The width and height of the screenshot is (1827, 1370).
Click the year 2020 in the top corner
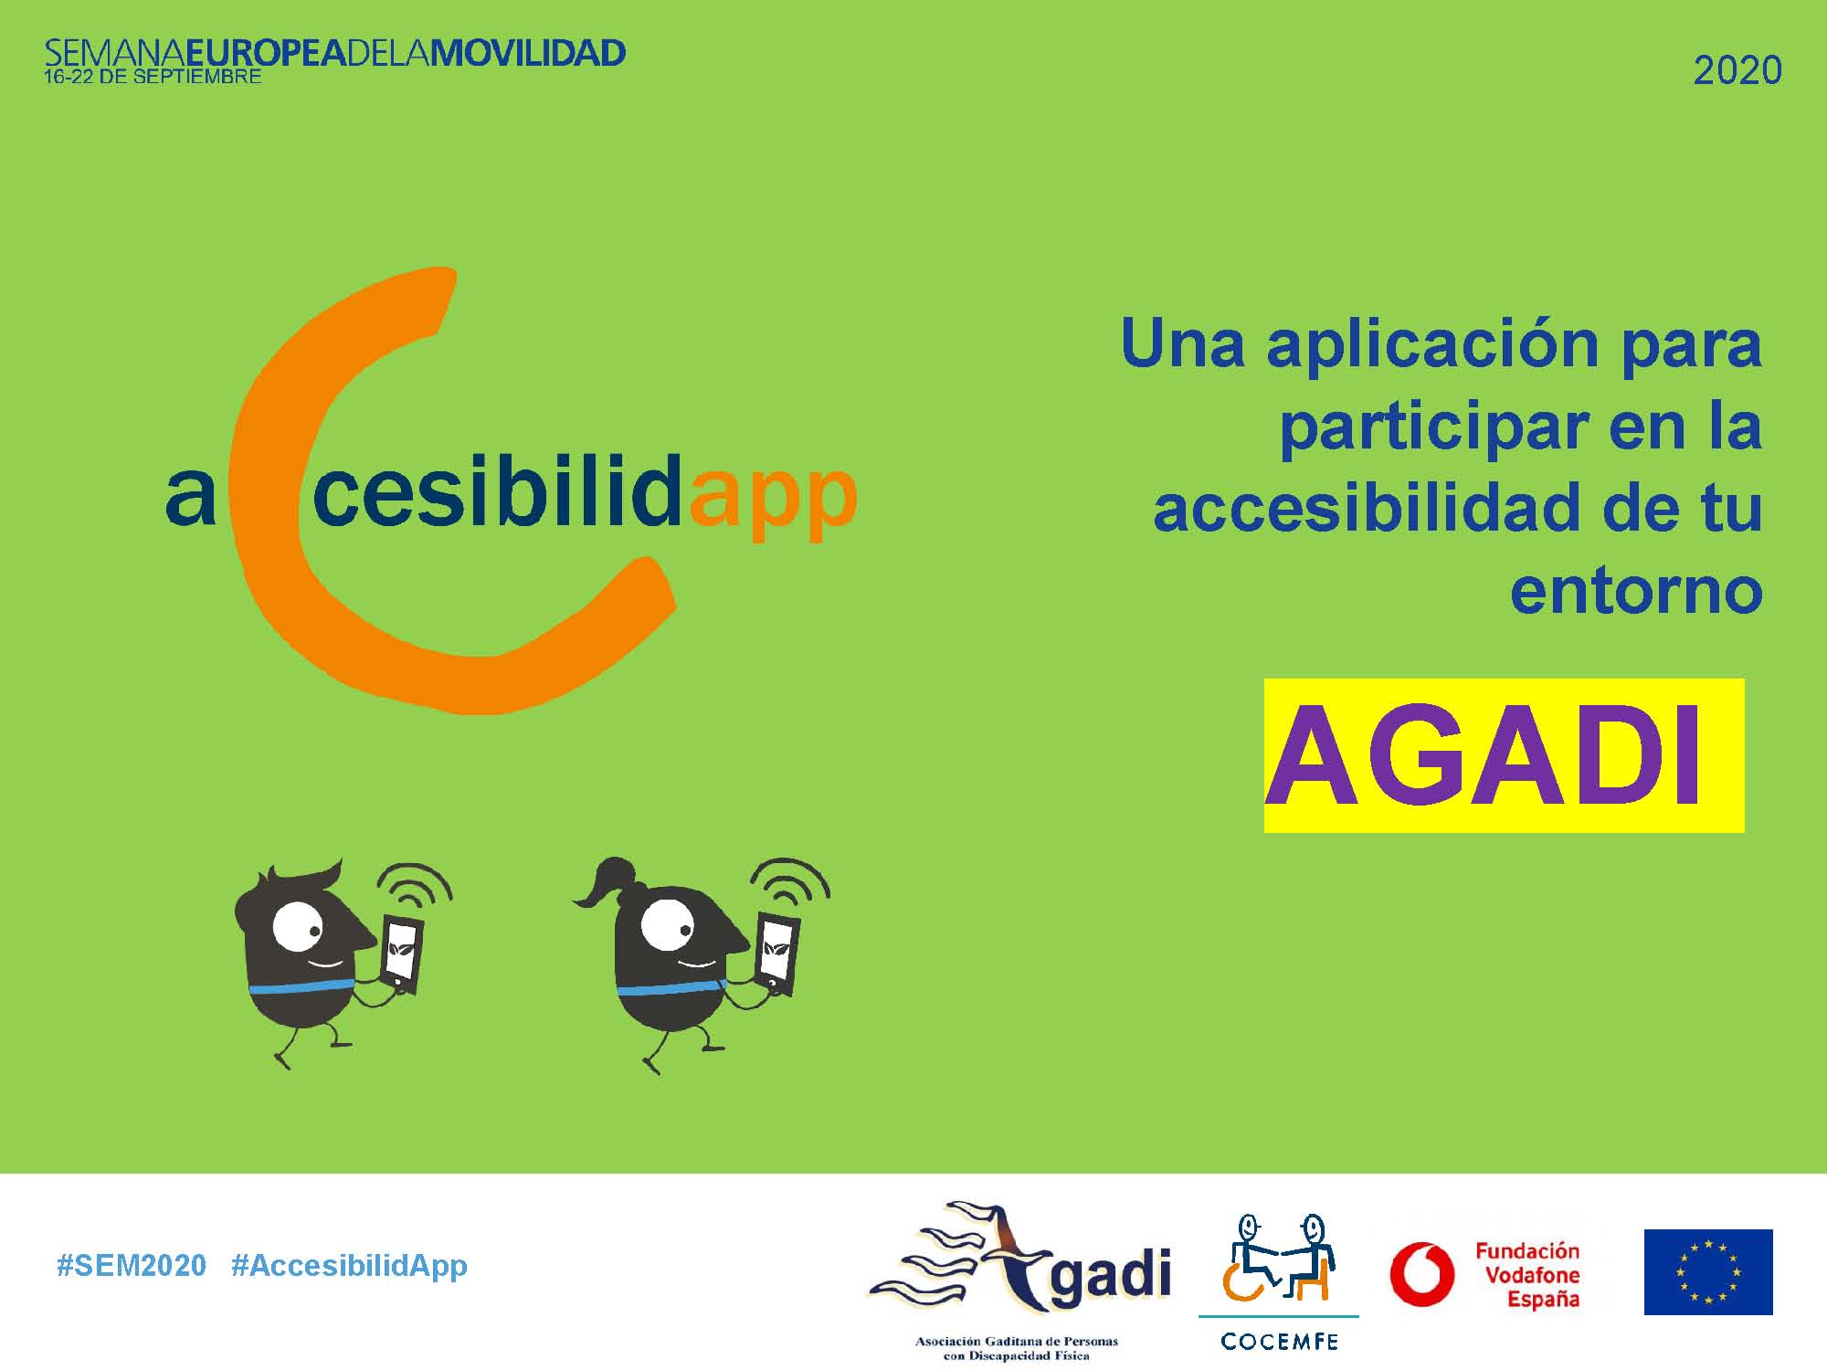tap(1737, 70)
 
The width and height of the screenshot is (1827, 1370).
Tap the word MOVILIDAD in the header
tap(528, 52)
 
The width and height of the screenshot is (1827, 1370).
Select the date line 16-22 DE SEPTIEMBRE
tap(153, 77)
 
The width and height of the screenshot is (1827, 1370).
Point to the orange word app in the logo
tap(774, 498)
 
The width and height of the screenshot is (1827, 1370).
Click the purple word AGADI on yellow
tap(1484, 756)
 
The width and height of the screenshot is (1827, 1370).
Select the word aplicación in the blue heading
tap(1432, 344)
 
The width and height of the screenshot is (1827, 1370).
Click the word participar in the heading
tap(1431, 427)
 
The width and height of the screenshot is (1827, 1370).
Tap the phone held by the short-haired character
tap(402, 954)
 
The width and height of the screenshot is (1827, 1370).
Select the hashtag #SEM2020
tap(132, 1266)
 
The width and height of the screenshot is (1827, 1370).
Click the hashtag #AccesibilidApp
tap(349, 1267)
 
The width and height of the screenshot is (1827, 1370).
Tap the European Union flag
tap(1708, 1272)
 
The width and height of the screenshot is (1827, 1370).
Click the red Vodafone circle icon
tap(1422, 1273)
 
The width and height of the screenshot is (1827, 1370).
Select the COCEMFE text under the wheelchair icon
tap(1279, 1342)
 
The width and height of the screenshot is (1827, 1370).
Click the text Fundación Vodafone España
tap(1527, 1275)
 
